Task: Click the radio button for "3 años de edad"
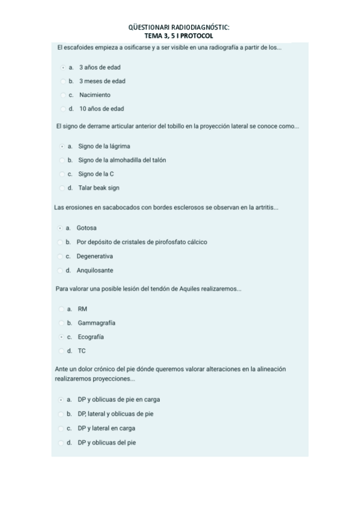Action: (63, 67)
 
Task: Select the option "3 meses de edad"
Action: (63, 81)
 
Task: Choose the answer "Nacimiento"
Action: (63, 95)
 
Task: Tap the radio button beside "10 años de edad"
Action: (63, 109)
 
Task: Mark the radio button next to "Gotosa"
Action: (60, 228)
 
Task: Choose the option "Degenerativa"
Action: (60, 256)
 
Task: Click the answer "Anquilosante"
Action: (60, 271)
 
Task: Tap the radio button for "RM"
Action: (61, 309)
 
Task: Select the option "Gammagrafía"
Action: (61, 323)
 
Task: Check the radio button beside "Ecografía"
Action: (61, 337)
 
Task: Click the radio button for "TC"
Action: (61, 351)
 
